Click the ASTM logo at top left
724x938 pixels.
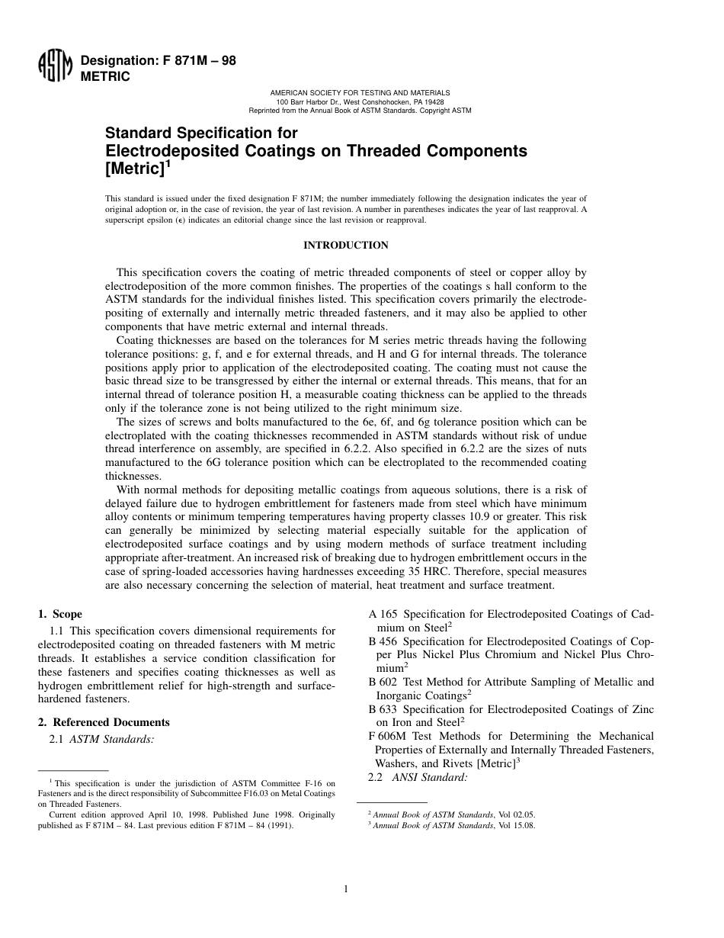tap(54, 69)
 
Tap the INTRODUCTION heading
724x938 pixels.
tap(346, 245)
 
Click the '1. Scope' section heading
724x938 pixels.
tap(60, 614)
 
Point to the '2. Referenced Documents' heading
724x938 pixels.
tap(104, 722)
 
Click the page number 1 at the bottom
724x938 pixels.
tap(346, 888)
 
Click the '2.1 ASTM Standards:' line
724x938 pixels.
tap(102, 738)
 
